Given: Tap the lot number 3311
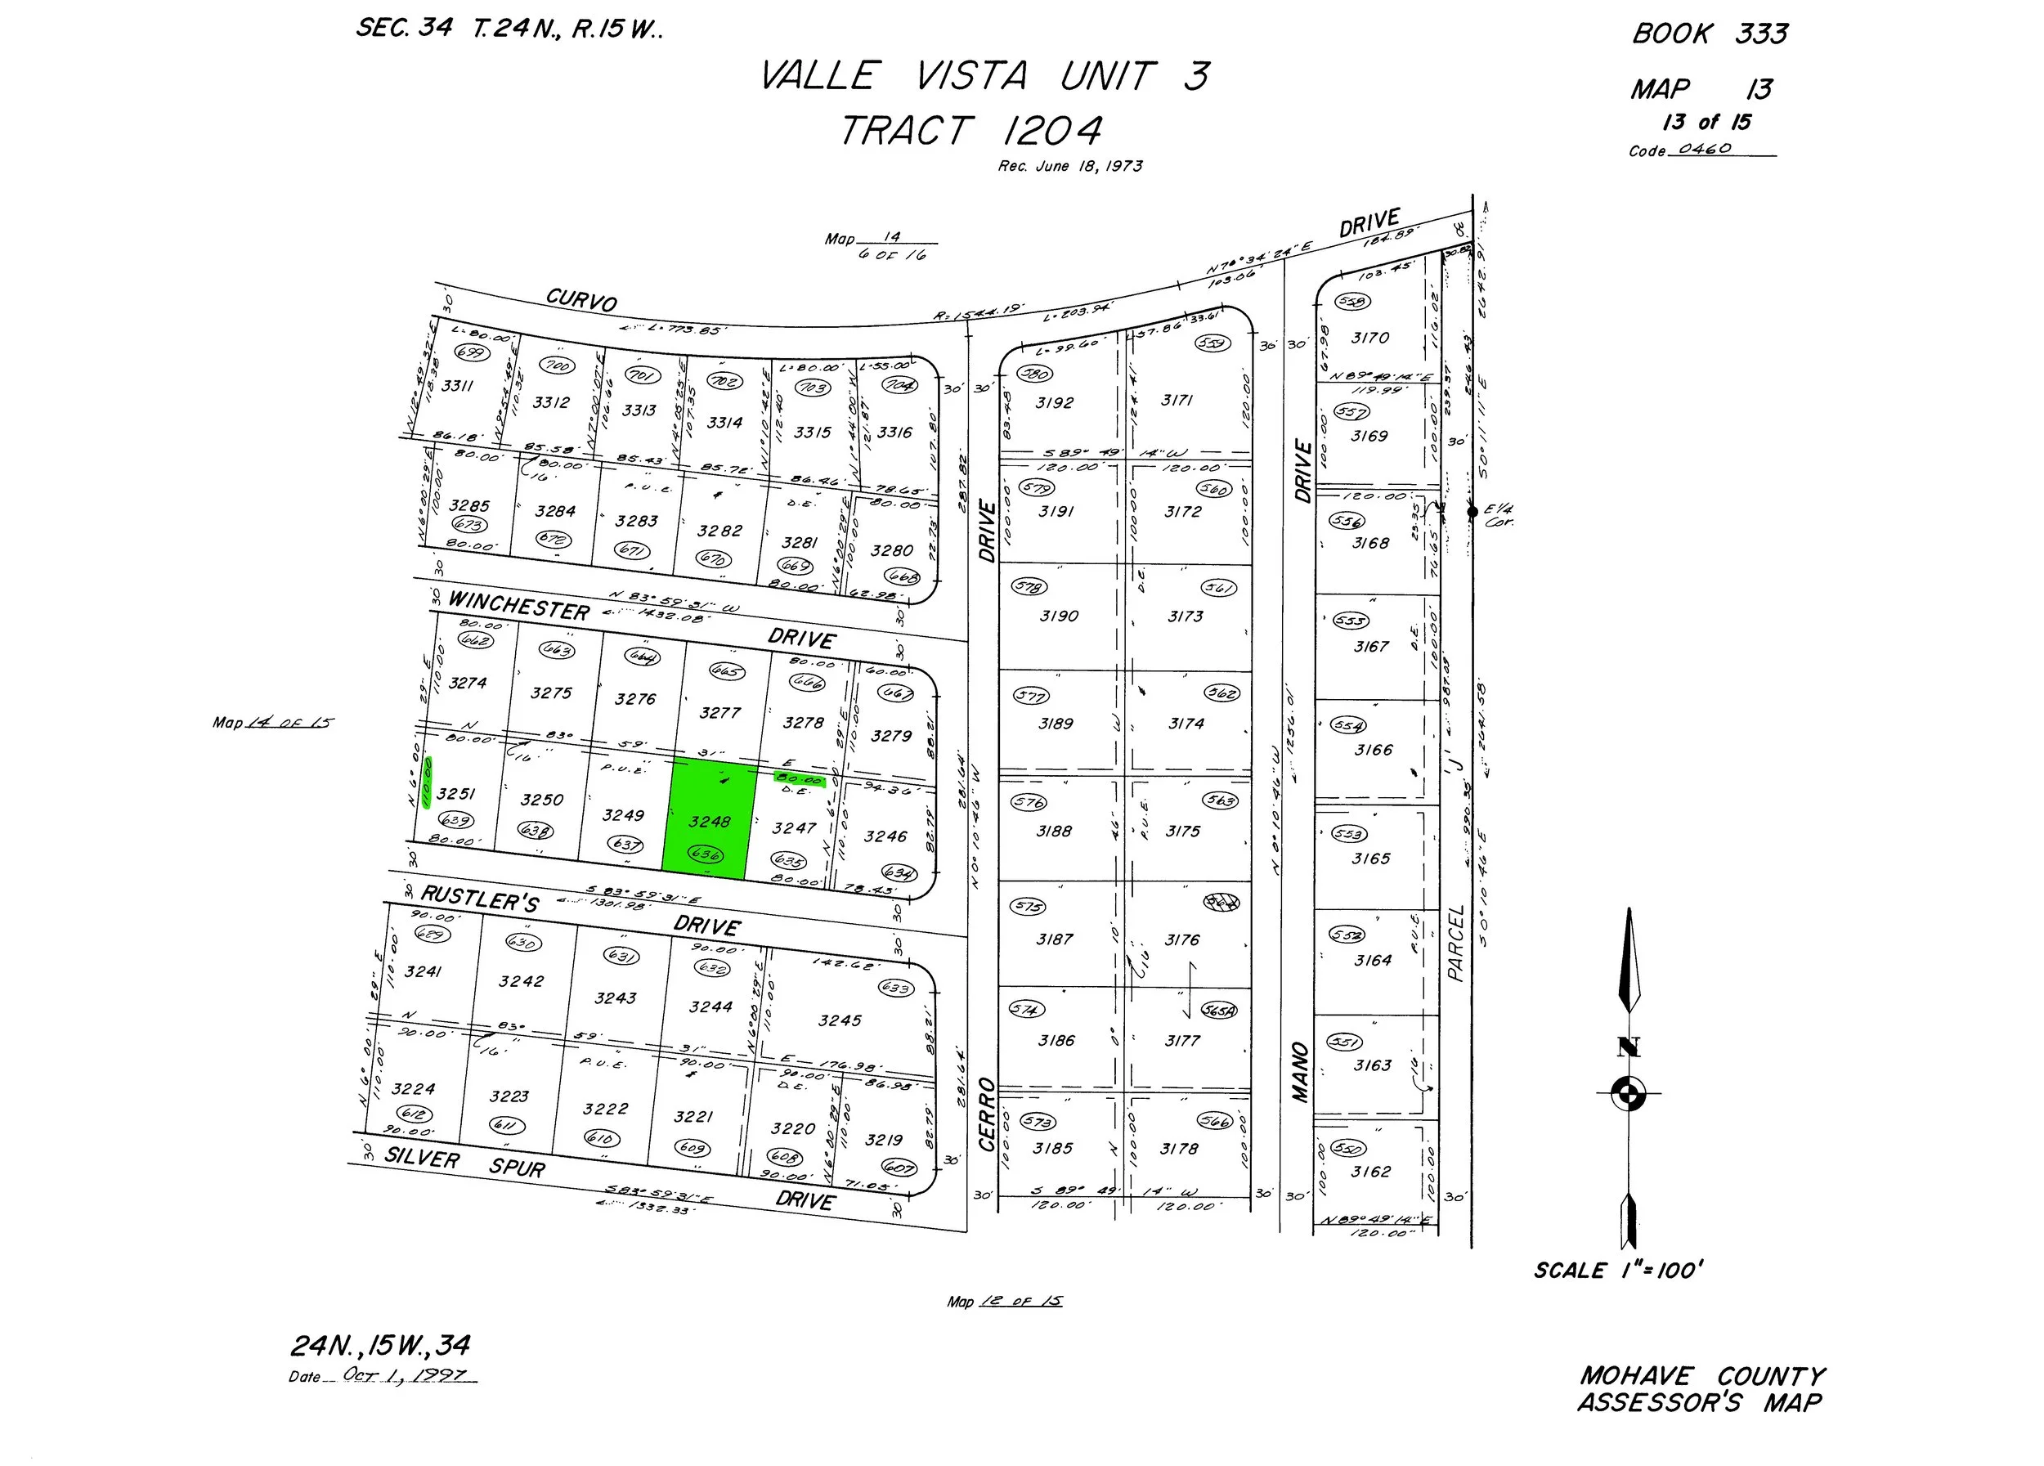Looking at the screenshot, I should (x=457, y=386).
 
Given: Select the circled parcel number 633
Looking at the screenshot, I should (x=895, y=988).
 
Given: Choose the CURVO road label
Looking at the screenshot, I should (x=581, y=299).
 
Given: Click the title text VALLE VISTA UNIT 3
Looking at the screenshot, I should (x=984, y=76).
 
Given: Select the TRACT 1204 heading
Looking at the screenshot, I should (x=970, y=132).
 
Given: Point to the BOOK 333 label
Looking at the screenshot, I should (x=1710, y=34).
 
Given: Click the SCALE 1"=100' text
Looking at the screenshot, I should (x=1619, y=1271).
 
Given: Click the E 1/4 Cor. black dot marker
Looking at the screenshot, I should (x=1472, y=512).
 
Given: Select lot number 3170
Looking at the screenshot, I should (x=1369, y=338).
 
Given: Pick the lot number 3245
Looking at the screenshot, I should (x=839, y=1021).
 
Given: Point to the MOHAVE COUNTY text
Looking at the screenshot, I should (x=1701, y=1376).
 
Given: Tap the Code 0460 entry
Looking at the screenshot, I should (x=1701, y=150).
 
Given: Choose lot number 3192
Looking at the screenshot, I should (x=1054, y=403).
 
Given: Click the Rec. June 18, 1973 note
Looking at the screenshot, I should (x=1069, y=167).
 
